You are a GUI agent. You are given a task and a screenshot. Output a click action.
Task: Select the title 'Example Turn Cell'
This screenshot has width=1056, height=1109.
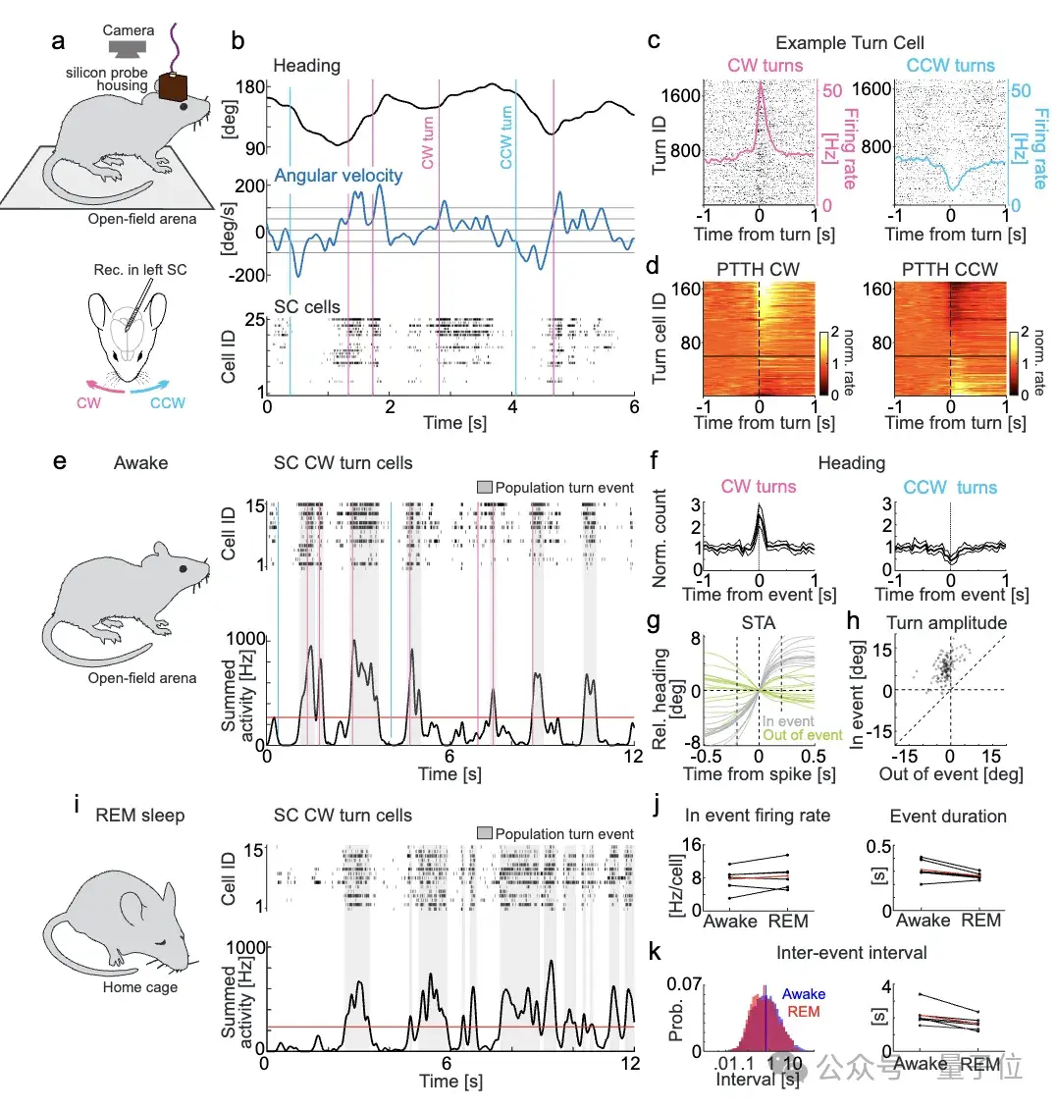(849, 42)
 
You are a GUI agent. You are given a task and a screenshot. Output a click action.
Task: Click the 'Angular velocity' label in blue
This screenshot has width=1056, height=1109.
(338, 176)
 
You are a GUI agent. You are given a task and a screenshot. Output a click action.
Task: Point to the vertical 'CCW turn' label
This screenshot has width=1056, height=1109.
(506, 137)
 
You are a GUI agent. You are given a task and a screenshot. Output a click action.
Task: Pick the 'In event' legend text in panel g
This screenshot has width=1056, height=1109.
(788, 721)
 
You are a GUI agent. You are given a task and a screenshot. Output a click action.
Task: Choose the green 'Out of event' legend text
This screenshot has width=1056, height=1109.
(802, 735)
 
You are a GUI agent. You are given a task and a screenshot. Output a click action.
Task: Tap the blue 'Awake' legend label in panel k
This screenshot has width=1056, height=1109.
(804, 994)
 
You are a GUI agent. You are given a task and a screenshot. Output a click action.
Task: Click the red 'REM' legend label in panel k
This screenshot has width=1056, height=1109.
(803, 1012)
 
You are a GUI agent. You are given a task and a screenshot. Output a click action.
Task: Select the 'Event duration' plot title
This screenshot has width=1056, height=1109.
(947, 817)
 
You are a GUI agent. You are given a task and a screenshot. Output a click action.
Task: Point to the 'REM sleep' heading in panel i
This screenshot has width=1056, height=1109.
(139, 816)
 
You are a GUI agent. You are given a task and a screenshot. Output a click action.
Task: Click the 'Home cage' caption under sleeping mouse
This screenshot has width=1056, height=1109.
(139, 986)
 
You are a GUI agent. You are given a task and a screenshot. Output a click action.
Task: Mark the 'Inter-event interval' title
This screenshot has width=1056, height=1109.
(851, 953)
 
